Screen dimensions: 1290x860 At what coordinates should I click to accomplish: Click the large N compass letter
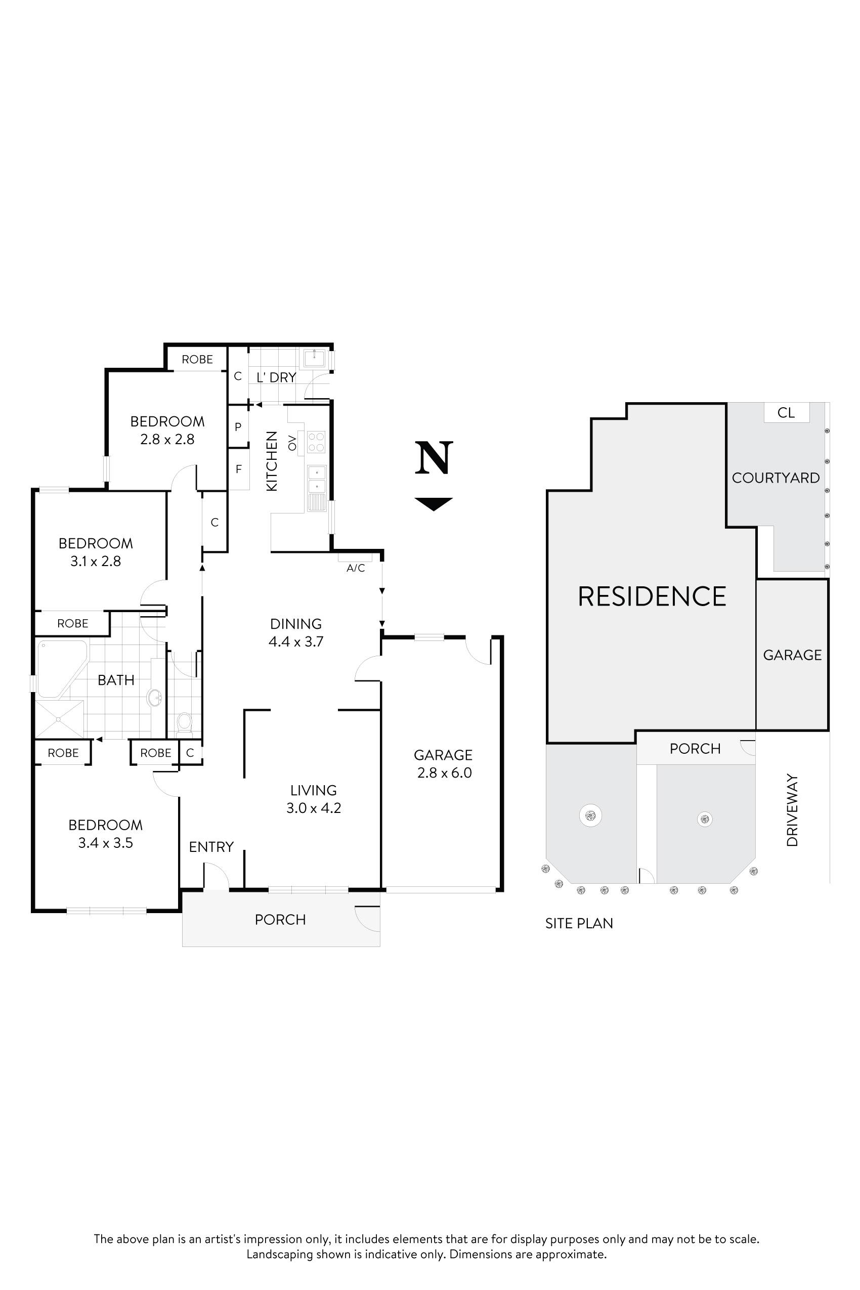coord(434,458)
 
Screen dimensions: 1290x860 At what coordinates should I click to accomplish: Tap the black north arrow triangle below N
coord(434,502)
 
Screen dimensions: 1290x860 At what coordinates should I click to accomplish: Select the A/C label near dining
coord(356,568)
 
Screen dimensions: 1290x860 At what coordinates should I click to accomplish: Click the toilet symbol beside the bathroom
coord(184,722)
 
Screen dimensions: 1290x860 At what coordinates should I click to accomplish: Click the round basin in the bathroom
coord(155,698)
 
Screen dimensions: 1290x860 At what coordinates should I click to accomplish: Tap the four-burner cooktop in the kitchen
coord(316,442)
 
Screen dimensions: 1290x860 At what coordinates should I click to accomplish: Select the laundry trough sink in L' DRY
coord(315,358)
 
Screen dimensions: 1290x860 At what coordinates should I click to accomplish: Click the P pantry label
coord(238,426)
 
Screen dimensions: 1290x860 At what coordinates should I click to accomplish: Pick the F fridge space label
coord(239,469)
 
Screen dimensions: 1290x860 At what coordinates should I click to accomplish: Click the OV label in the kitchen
coord(292,442)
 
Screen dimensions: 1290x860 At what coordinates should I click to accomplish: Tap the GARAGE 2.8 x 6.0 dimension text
coord(444,773)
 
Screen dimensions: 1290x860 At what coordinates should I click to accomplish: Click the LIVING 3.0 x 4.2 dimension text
coord(314,808)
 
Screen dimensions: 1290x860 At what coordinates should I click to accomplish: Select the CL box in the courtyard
coord(786,412)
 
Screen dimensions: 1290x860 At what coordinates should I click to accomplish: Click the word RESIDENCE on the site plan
coord(652,597)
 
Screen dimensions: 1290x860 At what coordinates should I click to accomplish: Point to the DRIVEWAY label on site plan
coord(791,810)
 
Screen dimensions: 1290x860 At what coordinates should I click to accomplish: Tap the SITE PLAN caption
coord(579,924)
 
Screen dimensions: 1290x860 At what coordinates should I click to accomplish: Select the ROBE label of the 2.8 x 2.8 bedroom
coord(197,359)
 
